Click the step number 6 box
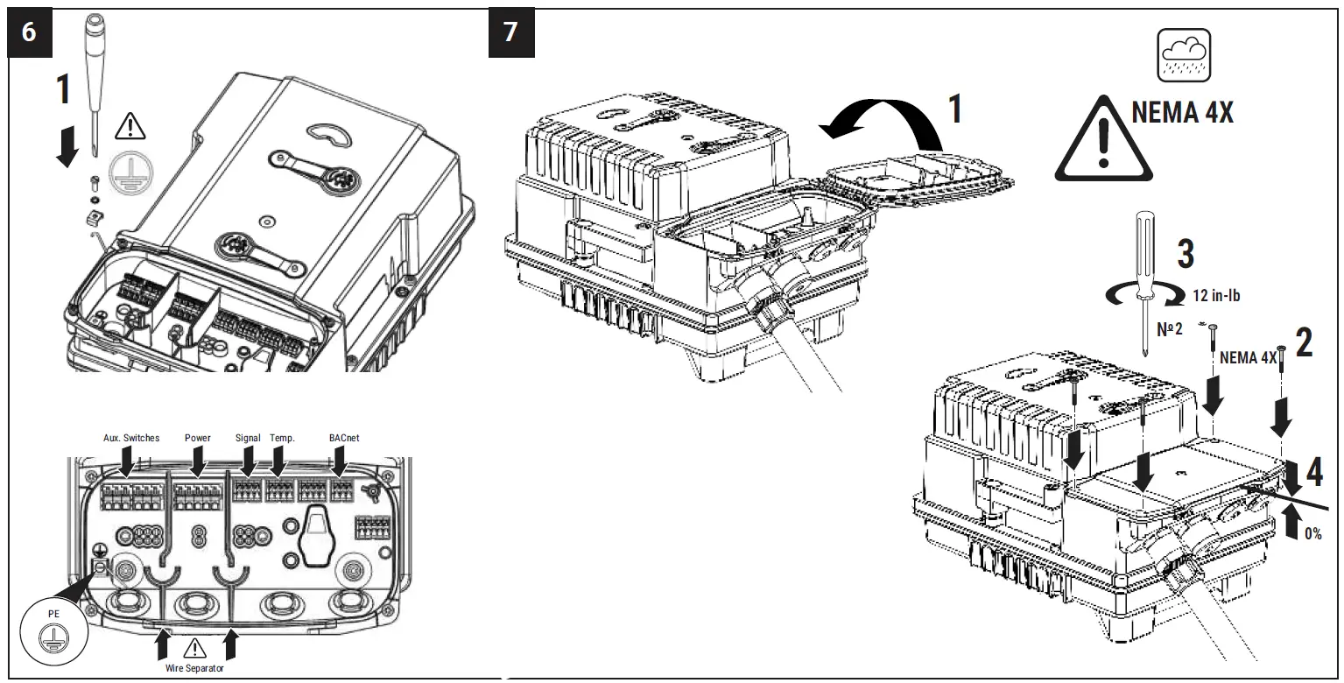click(x=30, y=32)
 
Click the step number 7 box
click(x=510, y=32)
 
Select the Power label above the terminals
click(x=198, y=438)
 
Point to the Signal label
click(x=248, y=438)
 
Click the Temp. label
click(x=282, y=438)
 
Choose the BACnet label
click(x=344, y=438)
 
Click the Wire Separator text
click(x=194, y=668)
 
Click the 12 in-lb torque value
click(x=1216, y=296)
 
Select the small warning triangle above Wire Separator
click(x=194, y=648)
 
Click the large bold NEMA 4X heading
click(x=1182, y=114)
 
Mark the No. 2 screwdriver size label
click(x=1171, y=331)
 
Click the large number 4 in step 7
click(x=1313, y=473)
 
